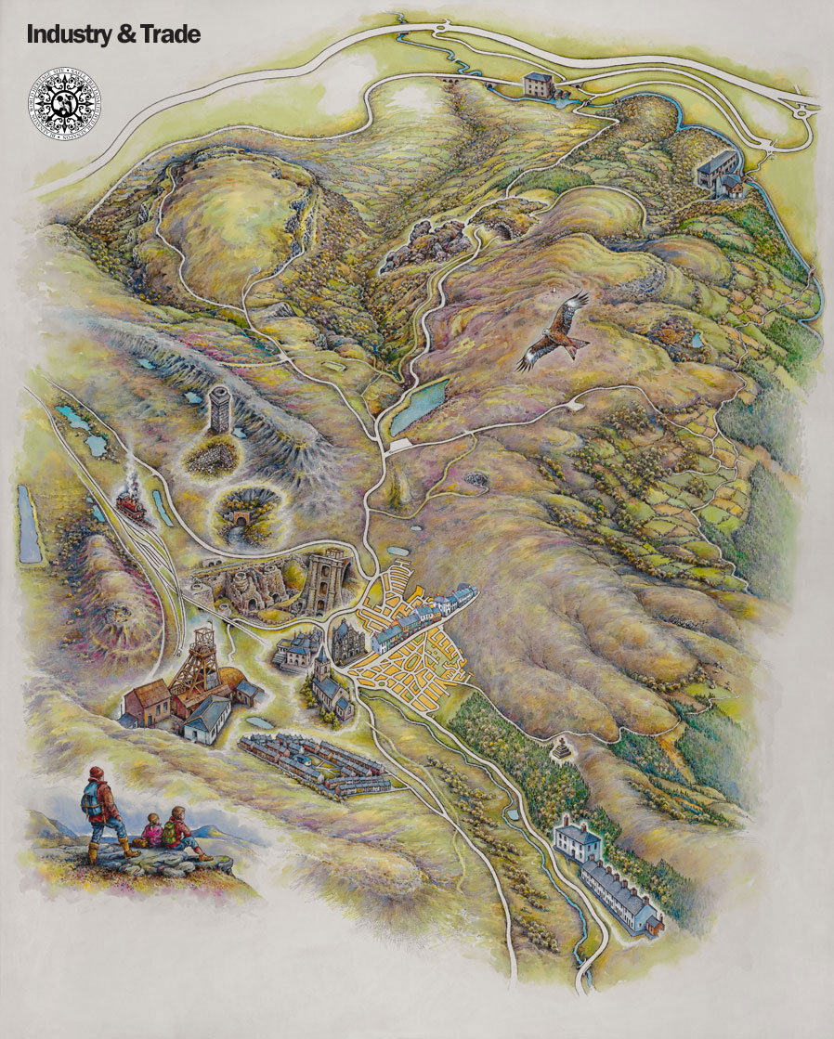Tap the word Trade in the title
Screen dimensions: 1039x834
coord(168,35)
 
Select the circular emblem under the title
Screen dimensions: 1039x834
coord(64,97)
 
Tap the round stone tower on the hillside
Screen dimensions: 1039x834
coord(219,409)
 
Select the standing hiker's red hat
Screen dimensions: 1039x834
coord(96,773)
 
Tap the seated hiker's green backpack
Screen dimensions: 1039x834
coord(170,833)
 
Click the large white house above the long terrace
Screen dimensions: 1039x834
coord(577,840)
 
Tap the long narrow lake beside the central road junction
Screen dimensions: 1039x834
coord(419,405)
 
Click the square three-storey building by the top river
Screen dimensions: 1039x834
coord(539,86)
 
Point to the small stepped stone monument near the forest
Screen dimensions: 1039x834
coord(560,746)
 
